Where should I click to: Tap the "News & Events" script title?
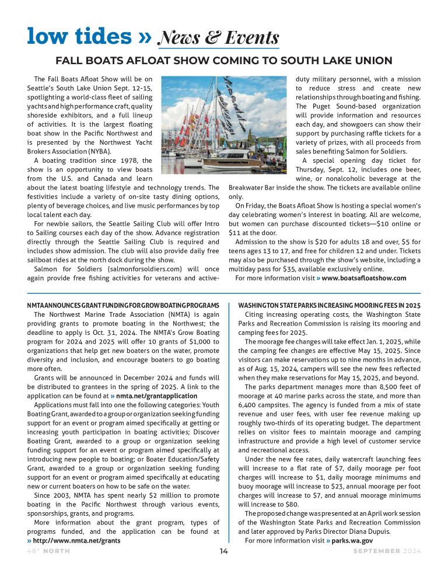[218, 38]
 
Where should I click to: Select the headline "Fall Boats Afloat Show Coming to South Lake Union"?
[223, 61]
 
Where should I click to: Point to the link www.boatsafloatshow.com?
[363, 278]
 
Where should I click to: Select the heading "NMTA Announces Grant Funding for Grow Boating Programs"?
[123, 305]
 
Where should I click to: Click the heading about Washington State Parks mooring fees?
[330, 305]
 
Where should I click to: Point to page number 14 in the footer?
[224, 551]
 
